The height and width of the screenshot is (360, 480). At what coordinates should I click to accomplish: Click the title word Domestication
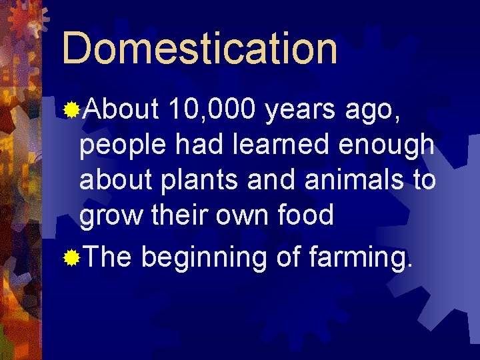tap(199, 48)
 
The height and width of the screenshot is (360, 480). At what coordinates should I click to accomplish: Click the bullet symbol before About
tap(71, 108)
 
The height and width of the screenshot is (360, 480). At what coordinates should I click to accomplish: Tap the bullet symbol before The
tap(71, 257)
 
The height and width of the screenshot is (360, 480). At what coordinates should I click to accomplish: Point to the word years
tap(301, 109)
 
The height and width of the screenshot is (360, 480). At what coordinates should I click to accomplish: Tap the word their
tap(171, 216)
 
